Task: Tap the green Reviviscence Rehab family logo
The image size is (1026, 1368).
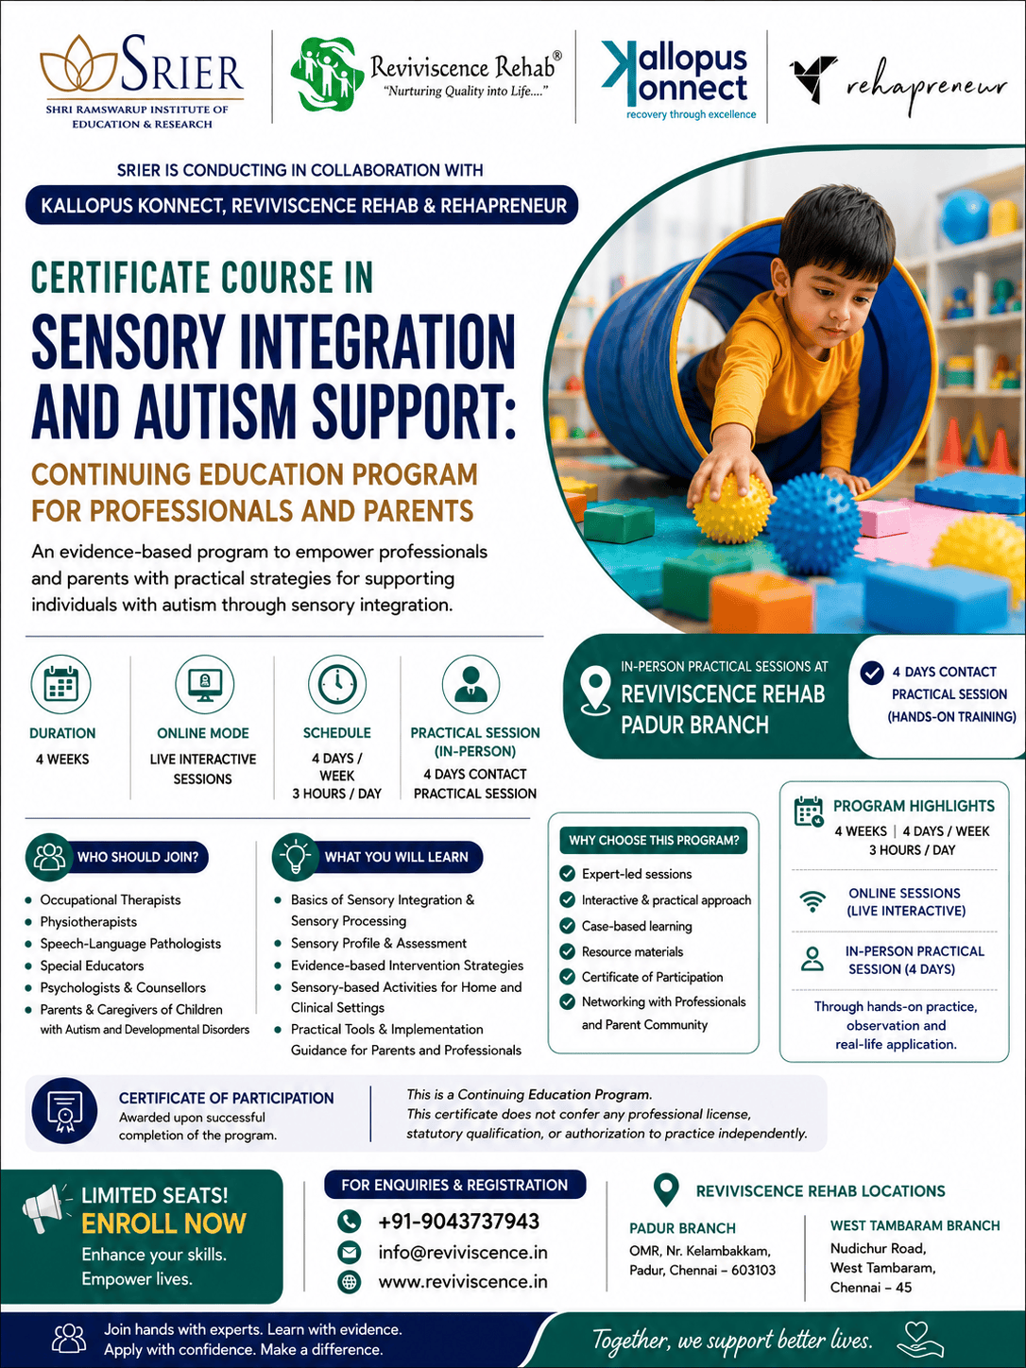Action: click(327, 74)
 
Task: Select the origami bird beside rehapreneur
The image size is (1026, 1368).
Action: click(813, 78)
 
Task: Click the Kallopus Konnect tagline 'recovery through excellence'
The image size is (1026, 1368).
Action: click(691, 114)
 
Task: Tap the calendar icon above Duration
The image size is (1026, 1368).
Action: click(61, 684)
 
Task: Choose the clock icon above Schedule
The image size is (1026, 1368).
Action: click(337, 684)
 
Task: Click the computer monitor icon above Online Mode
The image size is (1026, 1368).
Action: click(205, 684)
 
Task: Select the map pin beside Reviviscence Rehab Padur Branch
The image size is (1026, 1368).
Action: click(595, 690)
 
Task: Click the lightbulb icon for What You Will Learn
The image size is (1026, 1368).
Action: click(296, 856)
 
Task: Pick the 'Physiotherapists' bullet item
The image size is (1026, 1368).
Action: click(89, 922)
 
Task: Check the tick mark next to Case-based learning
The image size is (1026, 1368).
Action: click(567, 926)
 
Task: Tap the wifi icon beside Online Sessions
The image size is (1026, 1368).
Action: click(812, 901)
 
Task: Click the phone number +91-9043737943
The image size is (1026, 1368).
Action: click(458, 1221)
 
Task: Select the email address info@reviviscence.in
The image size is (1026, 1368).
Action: click(463, 1252)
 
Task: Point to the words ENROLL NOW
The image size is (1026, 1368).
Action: click(163, 1223)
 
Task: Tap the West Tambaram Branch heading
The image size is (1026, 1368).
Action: click(915, 1225)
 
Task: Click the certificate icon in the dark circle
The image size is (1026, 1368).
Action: click(63, 1112)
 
